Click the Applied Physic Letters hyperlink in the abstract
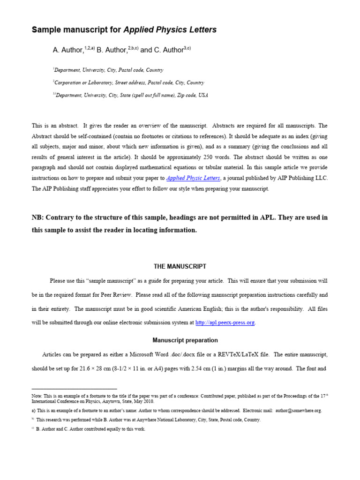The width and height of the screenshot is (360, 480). (x=193, y=178)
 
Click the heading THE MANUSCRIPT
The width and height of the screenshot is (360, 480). (x=180, y=266)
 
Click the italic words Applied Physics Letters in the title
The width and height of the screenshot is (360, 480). (x=170, y=30)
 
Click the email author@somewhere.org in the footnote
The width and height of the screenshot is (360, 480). (x=299, y=411)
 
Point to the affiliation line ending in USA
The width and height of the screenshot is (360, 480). (x=131, y=95)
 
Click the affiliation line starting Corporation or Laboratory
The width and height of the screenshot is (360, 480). (x=129, y=82)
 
